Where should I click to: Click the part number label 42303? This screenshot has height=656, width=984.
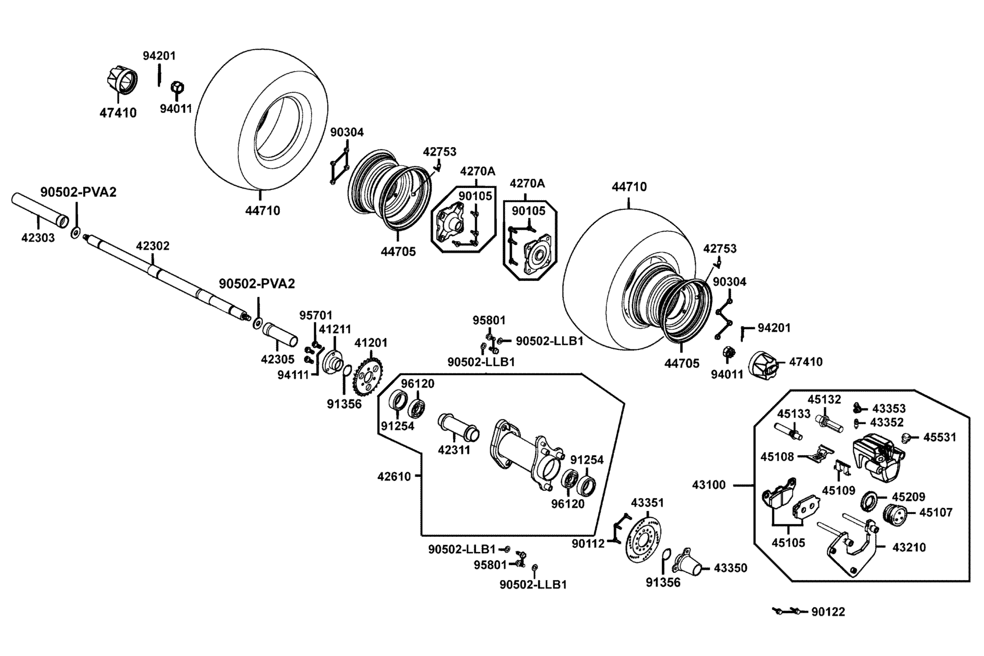[x=38, y=238]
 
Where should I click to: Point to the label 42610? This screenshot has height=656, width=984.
[x=394, y=476]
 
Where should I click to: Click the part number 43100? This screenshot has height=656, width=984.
[x=709, y=485]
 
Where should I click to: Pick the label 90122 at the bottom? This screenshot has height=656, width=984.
[x=828, y=612]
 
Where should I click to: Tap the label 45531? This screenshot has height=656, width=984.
[x=940, y=438]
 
